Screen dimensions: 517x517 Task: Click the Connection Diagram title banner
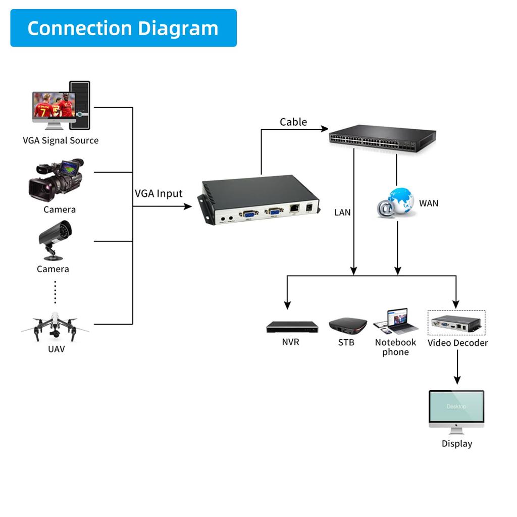123,28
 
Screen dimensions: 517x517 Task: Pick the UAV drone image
55,327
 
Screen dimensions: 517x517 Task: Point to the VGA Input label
159,193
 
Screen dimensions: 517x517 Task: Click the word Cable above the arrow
293,122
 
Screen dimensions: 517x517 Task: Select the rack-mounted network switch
382,138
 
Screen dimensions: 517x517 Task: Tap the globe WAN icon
396,202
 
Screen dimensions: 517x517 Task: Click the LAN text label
342,213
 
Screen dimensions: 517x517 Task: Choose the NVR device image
292,327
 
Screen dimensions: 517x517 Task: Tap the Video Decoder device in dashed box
456,323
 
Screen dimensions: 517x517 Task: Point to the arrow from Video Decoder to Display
457,367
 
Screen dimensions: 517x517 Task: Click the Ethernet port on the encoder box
294,208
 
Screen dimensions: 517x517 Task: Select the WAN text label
429,203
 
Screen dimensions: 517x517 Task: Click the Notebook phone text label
395,347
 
